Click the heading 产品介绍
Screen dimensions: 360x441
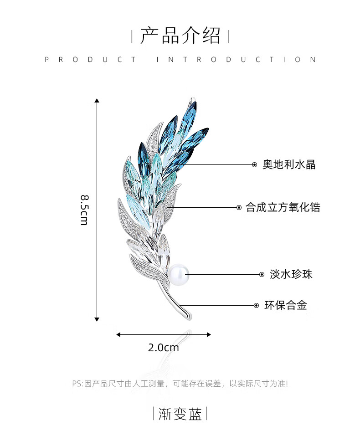[180, 36]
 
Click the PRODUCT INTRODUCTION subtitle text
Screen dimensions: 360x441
[180, 60]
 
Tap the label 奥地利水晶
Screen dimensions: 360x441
[289, 164]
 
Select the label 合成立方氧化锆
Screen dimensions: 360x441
[283, 208]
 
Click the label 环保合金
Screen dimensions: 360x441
[286, 305]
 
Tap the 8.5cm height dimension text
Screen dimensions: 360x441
[84, 210]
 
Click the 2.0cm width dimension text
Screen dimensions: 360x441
[164, 348]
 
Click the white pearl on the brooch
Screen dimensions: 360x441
[177, 275]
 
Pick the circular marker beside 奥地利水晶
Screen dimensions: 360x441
[254, 164]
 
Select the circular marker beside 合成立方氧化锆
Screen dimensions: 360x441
[239, 208]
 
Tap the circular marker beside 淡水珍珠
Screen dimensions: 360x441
[262, 274]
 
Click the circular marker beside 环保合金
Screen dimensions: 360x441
[255, 305]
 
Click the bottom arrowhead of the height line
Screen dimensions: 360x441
[97, 319]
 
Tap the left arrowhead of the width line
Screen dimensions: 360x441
[118, 335]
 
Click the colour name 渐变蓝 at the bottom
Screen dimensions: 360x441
[180, 414]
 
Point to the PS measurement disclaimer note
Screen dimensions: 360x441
[180, 384]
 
